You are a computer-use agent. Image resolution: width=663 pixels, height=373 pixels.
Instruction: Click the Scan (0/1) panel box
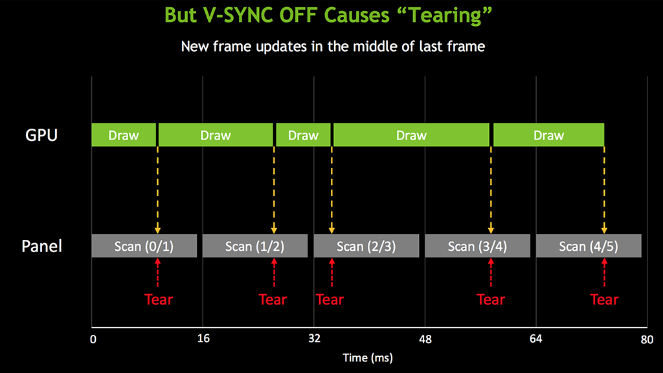tap(144, 246)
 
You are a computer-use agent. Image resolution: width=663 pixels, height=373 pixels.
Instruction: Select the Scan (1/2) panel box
tap(255, 246)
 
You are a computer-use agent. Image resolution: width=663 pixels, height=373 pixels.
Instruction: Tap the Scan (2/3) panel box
tap(366, 246)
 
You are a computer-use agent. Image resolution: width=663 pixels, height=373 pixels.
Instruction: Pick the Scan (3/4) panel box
tap(477, 246)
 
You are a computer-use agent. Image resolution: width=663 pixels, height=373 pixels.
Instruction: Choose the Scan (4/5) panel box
tap(589, 246)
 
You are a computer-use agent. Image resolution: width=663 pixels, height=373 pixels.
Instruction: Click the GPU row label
tap(41, 135)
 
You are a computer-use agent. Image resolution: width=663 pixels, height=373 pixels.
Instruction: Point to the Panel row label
tap(42, 246)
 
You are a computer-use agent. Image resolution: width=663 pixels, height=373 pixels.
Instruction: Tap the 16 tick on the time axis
tap(203, 339)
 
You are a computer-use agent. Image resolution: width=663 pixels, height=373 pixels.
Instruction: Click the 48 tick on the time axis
tap(425, 339)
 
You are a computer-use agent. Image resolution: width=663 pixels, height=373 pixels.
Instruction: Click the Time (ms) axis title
tap(368, 358)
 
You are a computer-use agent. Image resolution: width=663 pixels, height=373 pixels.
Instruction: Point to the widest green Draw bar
tap(411, 135)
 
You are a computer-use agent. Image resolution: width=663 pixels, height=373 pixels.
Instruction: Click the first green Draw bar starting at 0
tap(124, 135)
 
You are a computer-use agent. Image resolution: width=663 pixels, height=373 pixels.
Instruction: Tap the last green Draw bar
tap(549, 135)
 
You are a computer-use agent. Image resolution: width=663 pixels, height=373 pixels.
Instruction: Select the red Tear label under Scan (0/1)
tap(159, 299)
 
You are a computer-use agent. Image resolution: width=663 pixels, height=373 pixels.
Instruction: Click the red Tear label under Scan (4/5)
tap(604, 299)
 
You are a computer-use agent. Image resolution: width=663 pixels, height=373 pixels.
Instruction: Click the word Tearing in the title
tap(445, 16)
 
